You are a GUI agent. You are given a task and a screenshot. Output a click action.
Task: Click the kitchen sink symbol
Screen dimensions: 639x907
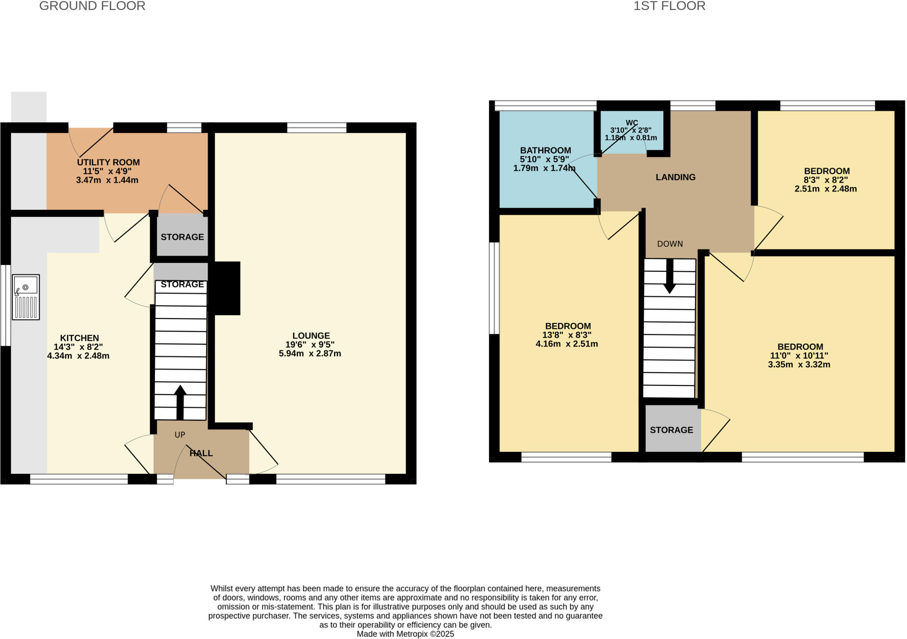point(26,297)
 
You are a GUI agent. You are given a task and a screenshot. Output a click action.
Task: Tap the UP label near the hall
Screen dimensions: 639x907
point(180,435)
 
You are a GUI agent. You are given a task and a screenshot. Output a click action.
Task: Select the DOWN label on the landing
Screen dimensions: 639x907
point(670,244)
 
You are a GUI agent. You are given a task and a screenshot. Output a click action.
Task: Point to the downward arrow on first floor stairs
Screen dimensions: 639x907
point(670,277)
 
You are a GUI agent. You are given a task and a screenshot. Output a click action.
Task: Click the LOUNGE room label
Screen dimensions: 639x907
point(311,335)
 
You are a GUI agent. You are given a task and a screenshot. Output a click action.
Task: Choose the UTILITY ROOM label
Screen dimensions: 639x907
point(108,162)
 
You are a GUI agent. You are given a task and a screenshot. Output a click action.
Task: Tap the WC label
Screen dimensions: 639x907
point(632,123)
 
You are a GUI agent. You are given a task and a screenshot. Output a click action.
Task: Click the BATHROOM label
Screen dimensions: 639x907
point(545,150)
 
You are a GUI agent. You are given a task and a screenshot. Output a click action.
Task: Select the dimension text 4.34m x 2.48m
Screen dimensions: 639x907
point(78,356)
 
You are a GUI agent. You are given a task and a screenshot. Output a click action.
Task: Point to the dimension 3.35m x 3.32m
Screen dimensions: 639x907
point(799,365)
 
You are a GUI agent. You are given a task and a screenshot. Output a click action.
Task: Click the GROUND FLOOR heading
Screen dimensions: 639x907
point(92,6)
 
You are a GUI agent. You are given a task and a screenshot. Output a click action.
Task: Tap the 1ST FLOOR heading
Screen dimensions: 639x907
point(669,6)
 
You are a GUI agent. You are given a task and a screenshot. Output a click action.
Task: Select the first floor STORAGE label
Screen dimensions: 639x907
point(671,430)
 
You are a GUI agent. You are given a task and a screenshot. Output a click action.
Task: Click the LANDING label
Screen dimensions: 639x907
point(675,177)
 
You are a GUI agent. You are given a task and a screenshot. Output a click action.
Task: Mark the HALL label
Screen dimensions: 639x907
point(201,453)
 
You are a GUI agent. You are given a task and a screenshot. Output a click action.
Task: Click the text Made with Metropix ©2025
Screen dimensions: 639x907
point(405,634)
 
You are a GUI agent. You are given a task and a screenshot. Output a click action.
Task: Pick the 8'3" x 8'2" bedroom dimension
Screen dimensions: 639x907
point(826,180)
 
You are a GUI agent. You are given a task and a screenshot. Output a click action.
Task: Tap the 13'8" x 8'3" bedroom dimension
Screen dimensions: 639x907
point(567,335)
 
